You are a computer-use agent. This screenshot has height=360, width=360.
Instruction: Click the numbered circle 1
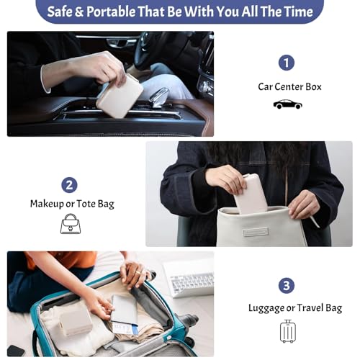point(287,63)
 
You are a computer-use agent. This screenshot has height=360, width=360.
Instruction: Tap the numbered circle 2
point(69,185)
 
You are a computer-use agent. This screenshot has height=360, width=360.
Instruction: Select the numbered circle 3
point(287,285)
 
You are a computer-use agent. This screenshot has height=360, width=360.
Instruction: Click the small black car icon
point(287,104)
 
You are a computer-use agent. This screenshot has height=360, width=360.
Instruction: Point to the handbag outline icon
point(71,225)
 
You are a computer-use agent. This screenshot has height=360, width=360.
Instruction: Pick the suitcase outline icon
point(287,331)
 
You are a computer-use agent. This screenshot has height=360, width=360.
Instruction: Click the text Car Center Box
point(289,86)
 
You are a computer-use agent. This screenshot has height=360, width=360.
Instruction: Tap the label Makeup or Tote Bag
point(72,204)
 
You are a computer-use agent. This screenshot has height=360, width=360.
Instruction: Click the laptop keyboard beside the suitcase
point(188,280)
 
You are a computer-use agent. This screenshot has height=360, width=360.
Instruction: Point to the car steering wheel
point(162,50)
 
